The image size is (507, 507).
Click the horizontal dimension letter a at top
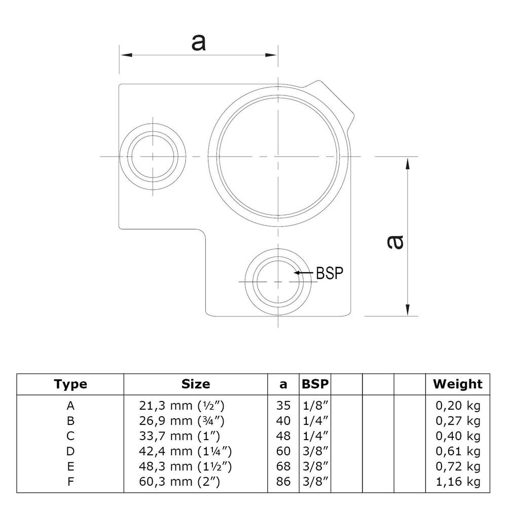[x=198, y=43]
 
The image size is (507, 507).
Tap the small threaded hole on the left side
[x=152, y=156]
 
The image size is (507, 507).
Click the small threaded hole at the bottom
[x=278, y=281]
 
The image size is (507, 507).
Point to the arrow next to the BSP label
[x=304, y=273]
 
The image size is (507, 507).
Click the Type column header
[x=70, y=384]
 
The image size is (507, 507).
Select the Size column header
[x=195, y=384]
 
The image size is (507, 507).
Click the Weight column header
[x=457, y=384]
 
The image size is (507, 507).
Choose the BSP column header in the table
[x=314, y=384]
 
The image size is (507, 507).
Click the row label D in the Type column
[x=70, y=451]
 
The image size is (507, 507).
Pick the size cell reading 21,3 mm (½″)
[x=181, y=406]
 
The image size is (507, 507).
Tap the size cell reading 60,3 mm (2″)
[x=179, y=482]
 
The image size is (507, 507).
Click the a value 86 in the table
[x=284, y=482]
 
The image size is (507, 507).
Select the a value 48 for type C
[x=284, y=436]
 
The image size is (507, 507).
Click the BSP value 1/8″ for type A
[x=314, y=406]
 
